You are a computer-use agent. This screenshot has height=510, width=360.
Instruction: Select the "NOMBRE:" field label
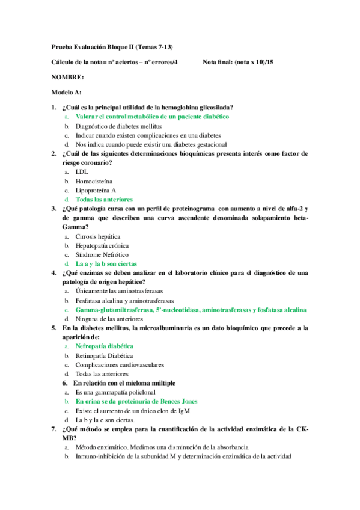coord(67,77)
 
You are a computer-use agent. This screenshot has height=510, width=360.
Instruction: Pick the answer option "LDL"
coord(82,171)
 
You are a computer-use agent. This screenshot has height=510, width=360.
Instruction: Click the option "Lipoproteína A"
coord(96,190)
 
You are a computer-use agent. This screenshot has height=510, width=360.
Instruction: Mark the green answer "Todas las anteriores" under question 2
coord(104,199)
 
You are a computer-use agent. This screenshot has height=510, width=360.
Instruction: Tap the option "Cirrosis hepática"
coord(97,236)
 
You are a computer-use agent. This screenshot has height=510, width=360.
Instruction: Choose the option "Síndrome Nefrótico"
coord(101,254)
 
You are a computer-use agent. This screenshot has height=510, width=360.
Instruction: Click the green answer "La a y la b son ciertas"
coord(106,263)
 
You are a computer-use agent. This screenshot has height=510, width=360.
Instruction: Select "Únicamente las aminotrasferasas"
coord(117,291)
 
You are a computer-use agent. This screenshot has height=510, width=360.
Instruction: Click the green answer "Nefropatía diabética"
coord(104,346)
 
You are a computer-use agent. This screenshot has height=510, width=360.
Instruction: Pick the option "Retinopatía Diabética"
coord(104,355)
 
